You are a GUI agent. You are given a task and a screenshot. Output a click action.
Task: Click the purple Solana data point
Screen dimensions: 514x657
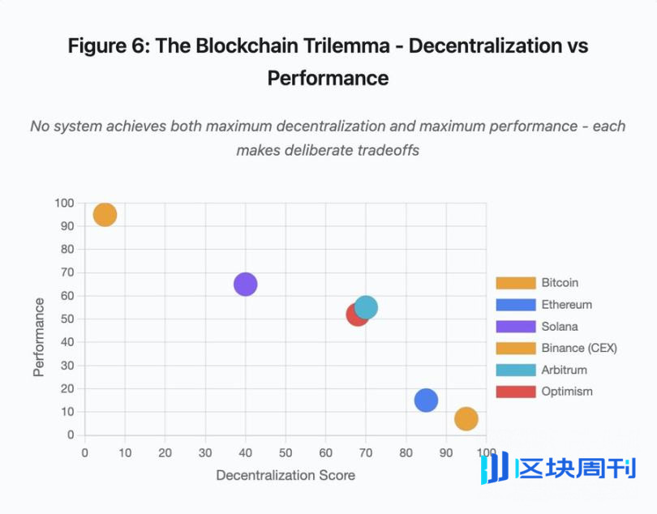pos(246,284)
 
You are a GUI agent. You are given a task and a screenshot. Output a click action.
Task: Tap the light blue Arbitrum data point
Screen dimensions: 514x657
pos(367,307)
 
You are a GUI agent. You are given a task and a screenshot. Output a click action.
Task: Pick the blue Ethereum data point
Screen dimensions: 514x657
pos(426,400)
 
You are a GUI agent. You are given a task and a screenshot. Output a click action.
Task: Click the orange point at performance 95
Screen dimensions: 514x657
pos(105,214)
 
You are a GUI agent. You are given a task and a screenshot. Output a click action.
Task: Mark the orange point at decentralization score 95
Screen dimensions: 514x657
pos(466,418)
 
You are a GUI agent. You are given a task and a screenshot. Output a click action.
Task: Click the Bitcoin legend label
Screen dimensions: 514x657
pos(560,283)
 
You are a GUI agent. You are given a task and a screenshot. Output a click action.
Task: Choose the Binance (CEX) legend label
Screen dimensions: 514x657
pos(579,348)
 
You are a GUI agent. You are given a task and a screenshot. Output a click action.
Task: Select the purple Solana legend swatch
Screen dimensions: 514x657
pos(516,327)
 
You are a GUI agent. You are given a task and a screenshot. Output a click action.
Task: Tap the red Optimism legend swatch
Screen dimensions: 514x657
pos(516,392)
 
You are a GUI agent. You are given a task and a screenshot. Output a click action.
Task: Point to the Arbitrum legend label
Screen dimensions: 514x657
pos(564,370)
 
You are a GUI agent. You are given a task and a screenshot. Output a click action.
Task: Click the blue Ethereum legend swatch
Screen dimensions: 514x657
pos(516,305)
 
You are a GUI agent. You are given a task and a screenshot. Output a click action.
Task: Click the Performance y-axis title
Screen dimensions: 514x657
pos(39,336)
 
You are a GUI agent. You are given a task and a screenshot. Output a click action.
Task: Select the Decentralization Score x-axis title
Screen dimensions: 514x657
pos(286,475)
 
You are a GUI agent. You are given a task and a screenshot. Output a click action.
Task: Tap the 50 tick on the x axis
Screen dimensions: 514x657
pos(286,452)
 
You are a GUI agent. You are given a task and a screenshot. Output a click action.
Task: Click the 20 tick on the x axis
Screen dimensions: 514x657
pos(165,452)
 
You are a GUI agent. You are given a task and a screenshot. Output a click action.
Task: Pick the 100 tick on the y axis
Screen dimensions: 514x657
pos(64,203)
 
